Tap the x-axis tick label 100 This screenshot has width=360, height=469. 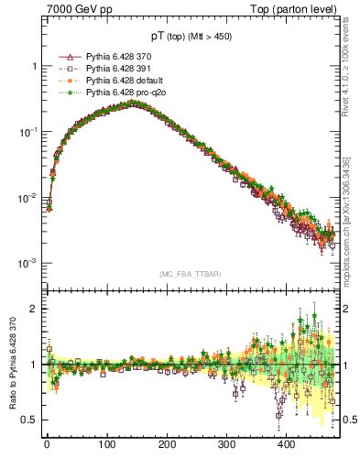(107, 444)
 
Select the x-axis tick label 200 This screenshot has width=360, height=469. (167, 444)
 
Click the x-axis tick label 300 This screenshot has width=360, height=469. (226, 444)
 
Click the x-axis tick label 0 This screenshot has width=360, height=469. (47, 444)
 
